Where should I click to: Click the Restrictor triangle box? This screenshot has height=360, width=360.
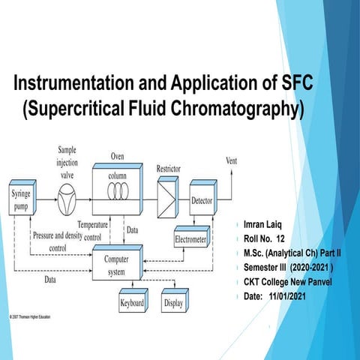pos(167,198)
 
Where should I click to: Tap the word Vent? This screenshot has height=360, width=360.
pos(232,160)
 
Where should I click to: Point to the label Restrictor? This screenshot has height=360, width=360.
pos(167,169)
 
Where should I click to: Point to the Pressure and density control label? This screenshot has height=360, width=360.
pos(52,240)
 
